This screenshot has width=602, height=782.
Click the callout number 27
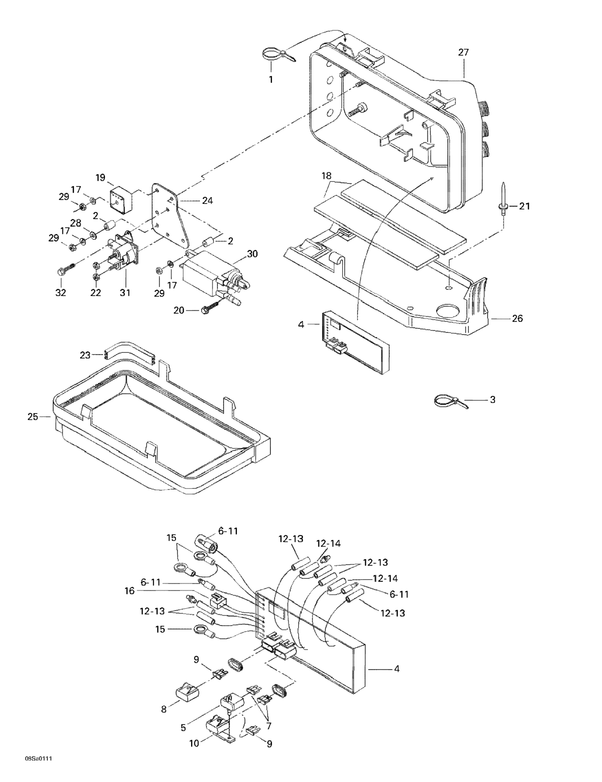tap(463, 52)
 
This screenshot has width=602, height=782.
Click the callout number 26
tap(518, 318)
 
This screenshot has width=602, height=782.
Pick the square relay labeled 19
tap(120, 199)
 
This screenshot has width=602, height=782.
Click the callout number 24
tap(207, 201)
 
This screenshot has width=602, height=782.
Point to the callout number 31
tap(125, 292)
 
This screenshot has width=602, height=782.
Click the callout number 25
tap(33, 417)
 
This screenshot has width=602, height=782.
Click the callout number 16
tap(129, 591)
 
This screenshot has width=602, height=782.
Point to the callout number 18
tap(326, 176)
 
